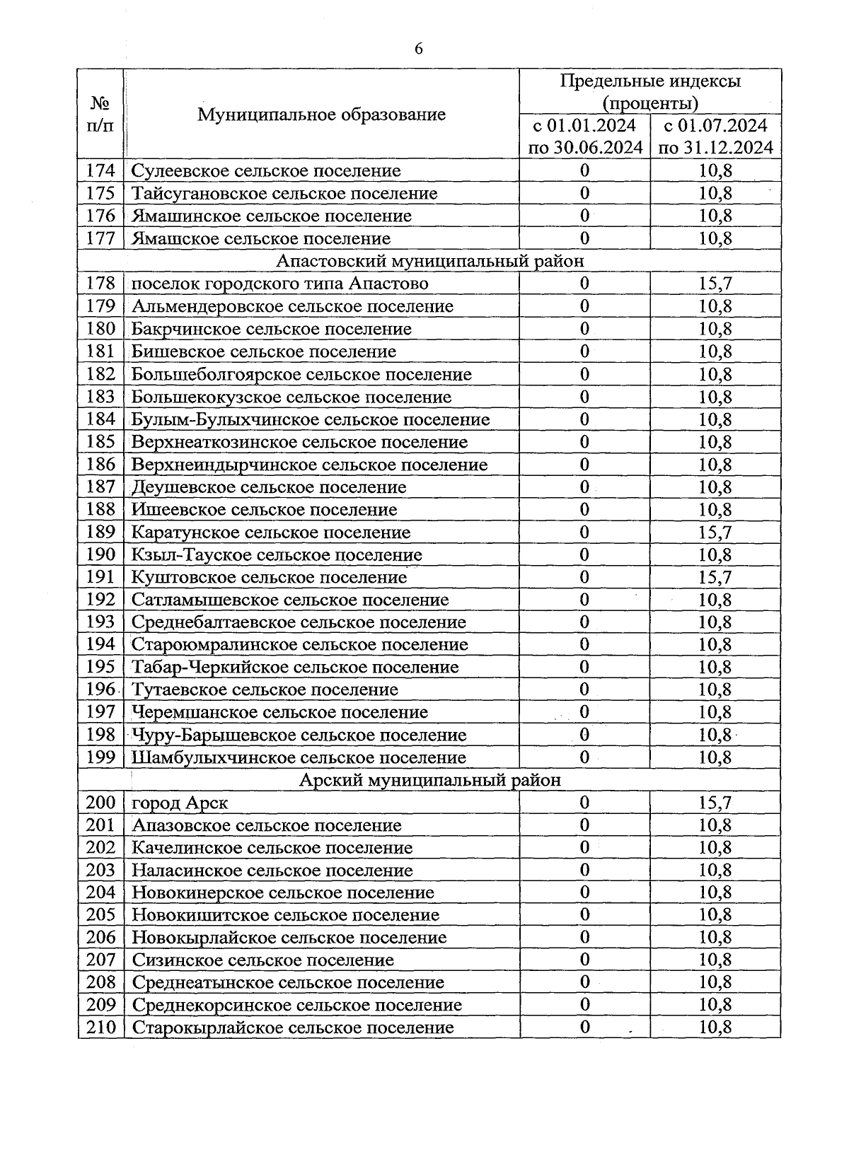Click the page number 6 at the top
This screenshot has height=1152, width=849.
click(419, 49)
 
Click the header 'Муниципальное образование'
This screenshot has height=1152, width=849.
click(321, 115)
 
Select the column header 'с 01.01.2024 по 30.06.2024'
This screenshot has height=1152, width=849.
click(584, 136)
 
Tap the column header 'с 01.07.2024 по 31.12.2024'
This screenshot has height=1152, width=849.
click(715, 136)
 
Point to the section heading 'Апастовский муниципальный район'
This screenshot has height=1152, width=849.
click(429, 261)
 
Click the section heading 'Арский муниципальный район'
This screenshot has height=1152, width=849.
click(429, 780)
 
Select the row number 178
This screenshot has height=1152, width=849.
click(100, 284)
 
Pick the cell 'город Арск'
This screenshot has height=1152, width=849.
click(180, 803)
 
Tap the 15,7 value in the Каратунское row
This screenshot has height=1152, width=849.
click(715, 532)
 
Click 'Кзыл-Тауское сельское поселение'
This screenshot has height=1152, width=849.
click(277, 554)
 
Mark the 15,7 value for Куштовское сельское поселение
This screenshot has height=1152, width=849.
click(715, 577)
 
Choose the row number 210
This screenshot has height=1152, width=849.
click(100, 1028)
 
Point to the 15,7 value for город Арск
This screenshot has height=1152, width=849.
click(715, 803)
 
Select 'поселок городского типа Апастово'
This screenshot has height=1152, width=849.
click(280, 284)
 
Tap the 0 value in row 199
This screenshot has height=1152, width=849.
click(584, 757)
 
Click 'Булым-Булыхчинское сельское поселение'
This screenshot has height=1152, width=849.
click(311, 419)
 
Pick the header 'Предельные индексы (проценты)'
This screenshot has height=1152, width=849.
click(650, 92)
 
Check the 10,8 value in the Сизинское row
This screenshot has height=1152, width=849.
click(715, 960)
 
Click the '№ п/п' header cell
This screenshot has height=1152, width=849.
click(100, 115)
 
